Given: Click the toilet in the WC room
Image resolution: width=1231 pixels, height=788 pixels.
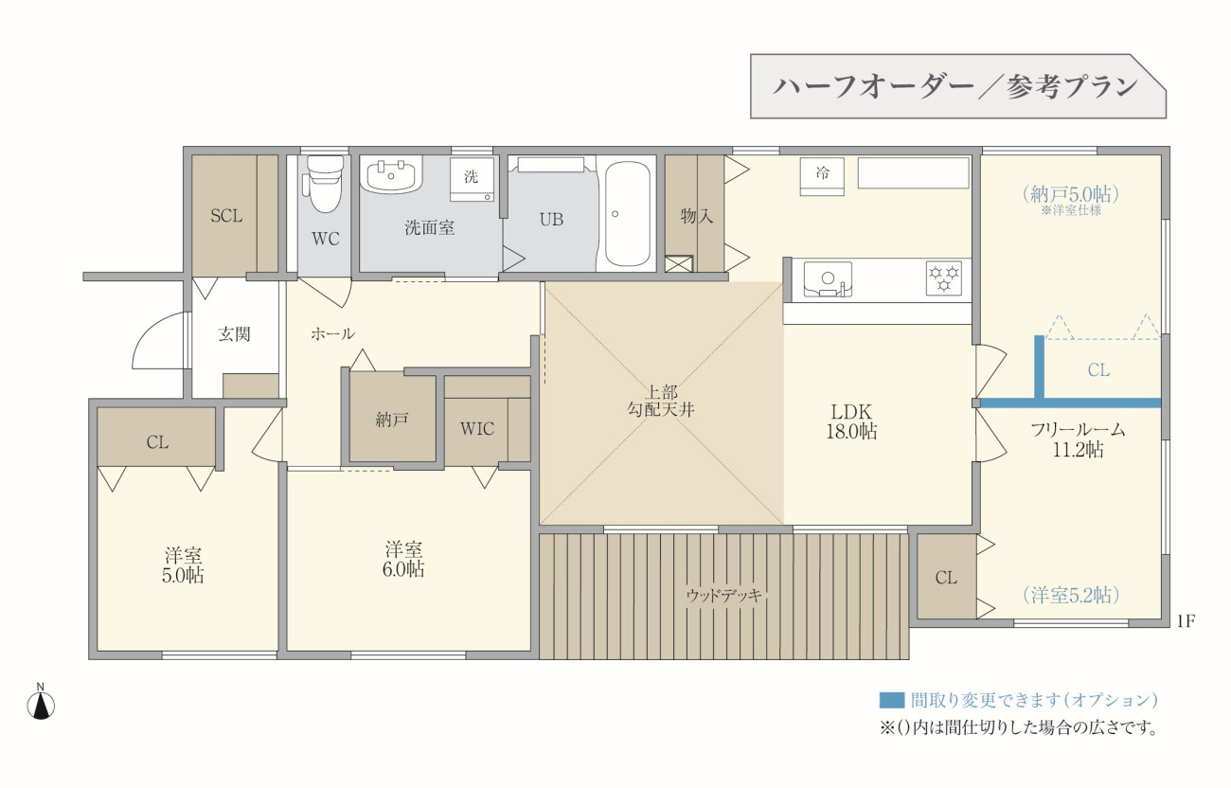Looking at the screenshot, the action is pyautogui.click(x=325, y=184).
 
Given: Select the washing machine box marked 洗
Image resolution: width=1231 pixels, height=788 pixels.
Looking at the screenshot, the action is pyautogui.click(x=472, y=180).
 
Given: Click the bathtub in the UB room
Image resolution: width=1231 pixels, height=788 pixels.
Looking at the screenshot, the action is pyautogui.click(x=628, y=213).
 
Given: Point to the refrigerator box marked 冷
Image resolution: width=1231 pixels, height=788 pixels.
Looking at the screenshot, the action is pyautogui.click(x=822, y=177).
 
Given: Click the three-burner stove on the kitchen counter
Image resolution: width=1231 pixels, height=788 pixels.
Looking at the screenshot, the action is pyautogui.click(x=943, y=278).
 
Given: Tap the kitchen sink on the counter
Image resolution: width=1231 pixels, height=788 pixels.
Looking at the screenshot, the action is pyautogui.click(x=828, y=279).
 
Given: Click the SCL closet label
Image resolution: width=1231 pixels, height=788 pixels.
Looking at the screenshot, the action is pyautogui.click(x=226, y=216).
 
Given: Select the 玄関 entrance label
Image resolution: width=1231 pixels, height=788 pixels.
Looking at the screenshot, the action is pyautogui.click(x=235, y=334).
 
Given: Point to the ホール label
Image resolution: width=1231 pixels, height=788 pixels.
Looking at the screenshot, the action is pyautogui.click(x=332, y=333).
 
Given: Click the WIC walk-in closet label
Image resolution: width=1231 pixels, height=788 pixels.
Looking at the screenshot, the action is pyautogui.click(x=477, y=429).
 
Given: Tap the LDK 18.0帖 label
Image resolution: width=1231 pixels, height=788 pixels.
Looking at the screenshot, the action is pyautogui.click(x=851, y=421).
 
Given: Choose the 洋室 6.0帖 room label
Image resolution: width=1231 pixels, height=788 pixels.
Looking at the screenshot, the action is pyautogui.click(x=403, y=560).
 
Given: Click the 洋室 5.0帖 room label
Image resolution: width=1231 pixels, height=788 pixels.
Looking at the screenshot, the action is pyautogui.click(x=183, y=565).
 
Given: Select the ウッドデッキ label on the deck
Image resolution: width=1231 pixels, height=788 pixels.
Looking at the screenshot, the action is pyautogui.click(x=723, y=595).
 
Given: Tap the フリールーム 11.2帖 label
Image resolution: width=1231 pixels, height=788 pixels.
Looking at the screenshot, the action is pyautogui.click(x=1078, y=439).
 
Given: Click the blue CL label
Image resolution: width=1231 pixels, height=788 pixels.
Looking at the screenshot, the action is pyautogui.click(x=1098, y=370).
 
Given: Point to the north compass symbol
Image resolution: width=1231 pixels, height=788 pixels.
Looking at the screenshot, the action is pyautogui.click(x=41, y=703).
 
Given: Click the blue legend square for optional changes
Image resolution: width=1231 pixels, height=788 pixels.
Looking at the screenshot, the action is pyautogui.click(x=891, y=700).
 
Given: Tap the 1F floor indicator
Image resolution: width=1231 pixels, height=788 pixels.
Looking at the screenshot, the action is pyautogui.click(x=1186, y=621).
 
